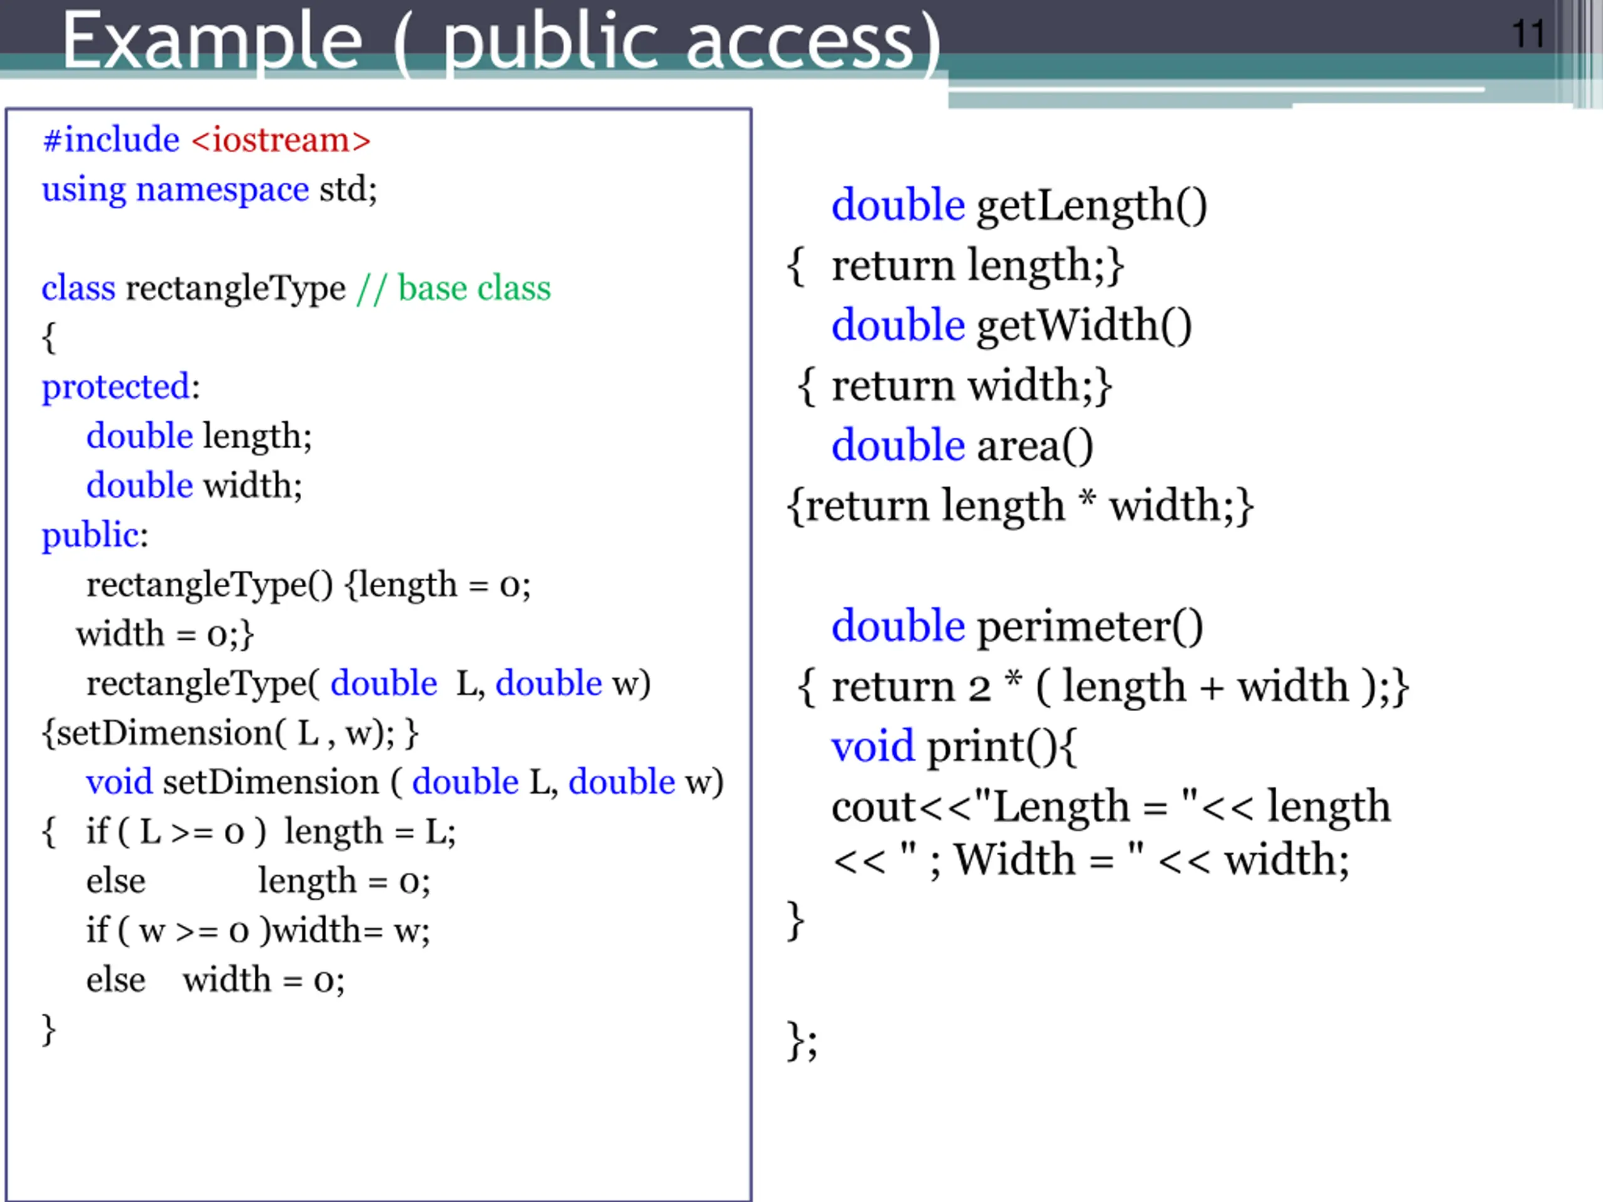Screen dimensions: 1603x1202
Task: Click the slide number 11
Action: pos(1528,34)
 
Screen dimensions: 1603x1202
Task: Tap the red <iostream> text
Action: pos(281,140)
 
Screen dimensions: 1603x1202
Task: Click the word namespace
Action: pos(222,190)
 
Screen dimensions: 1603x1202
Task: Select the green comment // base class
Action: pos(453,289)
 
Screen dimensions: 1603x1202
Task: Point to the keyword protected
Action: pos(116,387)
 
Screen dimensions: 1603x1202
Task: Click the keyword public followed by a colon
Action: pos(95,535)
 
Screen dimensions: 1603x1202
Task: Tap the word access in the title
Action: pos(800,42)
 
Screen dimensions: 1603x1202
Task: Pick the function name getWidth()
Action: pos(1084,326)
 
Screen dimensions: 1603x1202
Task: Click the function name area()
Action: pos(1035,446)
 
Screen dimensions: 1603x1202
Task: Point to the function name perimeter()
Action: pos(1090,626)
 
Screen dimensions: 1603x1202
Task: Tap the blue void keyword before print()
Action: pos(872,746)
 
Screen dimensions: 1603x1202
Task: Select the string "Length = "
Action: pos(1087,806)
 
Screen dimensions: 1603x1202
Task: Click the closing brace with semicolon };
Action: pos(802,1041)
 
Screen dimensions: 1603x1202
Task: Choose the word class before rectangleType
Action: pos(78,289)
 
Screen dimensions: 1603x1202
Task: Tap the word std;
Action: pos(349,190)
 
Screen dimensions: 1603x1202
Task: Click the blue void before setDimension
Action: pos(119,783)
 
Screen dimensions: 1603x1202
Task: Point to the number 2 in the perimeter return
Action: pos(979,687)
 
